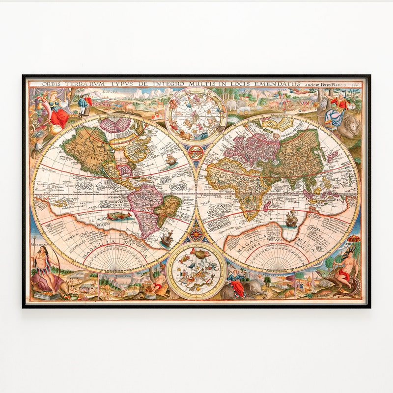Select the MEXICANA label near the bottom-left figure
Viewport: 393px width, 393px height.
pyautogui.click(x=39, y=244)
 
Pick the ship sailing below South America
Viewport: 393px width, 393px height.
pyautogui.click(x=166, y=239)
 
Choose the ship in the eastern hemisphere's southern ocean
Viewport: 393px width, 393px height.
pyautogui.click(x=291, y=218)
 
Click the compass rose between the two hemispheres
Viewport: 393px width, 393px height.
pyautogui.click(x=196, y=230)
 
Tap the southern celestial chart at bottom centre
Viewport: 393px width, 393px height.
pyautogui.click(x=196, y=271)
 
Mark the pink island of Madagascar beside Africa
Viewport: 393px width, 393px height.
pyautogui.click(x=266, y=207)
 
